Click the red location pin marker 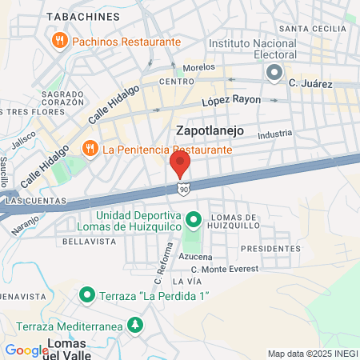[x=180, y=164]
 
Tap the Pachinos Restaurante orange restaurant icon [x=58, y=39]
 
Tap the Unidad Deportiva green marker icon [x=193, y=218]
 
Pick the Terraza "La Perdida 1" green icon [x=87, y=296]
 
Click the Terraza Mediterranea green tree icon [x=136, y=325]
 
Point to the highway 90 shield [x=184, y=189]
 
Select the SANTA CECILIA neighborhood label [x=318, y=29]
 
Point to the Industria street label [x=275, y=134]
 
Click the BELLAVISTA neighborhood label [x=83, y=240]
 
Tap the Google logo [x=27, y=350]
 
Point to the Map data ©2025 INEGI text [x=312, y=354]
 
